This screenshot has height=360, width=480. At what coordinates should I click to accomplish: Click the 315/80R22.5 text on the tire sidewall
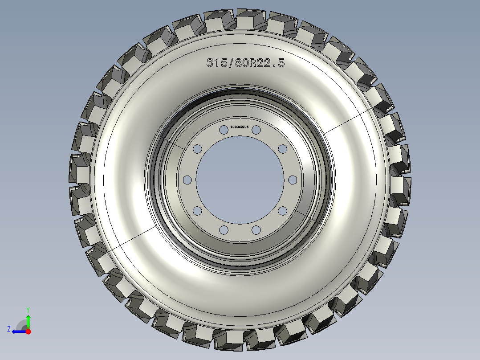245,63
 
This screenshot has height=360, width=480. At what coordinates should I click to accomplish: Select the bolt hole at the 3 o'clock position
293,180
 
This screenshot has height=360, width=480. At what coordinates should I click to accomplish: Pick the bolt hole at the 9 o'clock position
187,180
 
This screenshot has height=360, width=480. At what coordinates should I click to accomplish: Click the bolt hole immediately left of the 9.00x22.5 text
223,130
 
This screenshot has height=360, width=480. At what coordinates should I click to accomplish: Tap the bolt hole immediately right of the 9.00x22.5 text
256,130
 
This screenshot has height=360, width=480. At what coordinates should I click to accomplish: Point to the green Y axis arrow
28,319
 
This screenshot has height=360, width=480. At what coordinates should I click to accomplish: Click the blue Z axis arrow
17,331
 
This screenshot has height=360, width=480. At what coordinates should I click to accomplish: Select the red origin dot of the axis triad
28,331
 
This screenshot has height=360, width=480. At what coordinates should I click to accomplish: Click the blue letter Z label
9,329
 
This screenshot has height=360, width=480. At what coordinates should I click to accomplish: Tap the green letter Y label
28,309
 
